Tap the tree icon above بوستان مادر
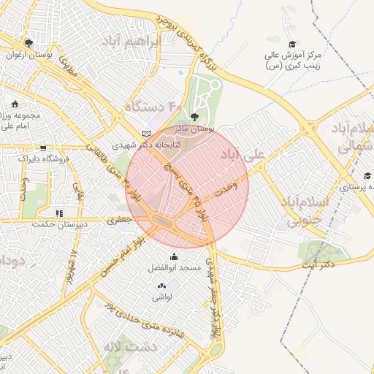click(x=194, y=116)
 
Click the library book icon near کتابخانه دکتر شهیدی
click(x=148, y=134)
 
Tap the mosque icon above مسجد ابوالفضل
click(x=174, y=256)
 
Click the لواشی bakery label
click(x=161, y=297)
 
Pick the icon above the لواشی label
click(x=161, y=286)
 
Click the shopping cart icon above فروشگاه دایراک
click(x=43, y=147)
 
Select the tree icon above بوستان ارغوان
click(x=28, y=43)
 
